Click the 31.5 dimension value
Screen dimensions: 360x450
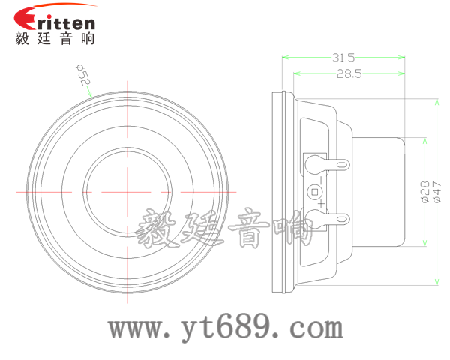coord(343,57)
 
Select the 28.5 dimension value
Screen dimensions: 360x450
coord(349,73)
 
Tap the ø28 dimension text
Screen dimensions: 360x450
coord(424,193)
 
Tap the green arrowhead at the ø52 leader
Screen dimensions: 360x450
coord(91,94)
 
